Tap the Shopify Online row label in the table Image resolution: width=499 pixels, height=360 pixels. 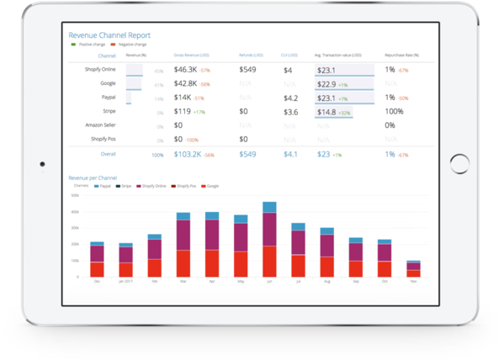[99, 70]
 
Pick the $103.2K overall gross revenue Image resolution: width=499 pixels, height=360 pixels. [189, 155]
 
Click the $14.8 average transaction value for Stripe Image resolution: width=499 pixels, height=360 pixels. [326, 111]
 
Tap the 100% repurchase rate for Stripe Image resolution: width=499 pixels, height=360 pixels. [395, 111]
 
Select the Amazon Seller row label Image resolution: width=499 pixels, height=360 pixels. [99, 125]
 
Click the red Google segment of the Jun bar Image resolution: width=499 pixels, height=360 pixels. [269, 262]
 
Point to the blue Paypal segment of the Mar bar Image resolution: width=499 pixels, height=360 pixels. [183, 216]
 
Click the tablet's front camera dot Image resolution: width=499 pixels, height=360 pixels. [41, 164]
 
